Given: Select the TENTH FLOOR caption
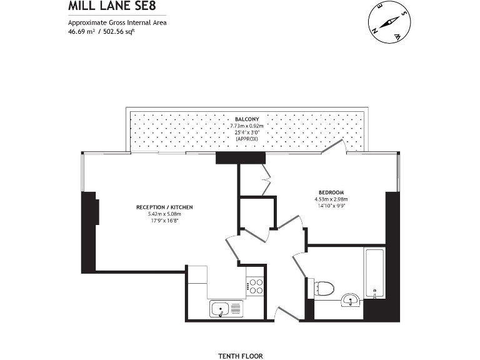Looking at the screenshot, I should (241, 356).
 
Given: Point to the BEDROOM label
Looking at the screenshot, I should (331, 192).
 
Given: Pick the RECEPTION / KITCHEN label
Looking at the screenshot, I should (164, 207).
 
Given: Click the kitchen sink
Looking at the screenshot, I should (226, 308).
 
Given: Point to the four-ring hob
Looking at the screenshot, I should (255, 286).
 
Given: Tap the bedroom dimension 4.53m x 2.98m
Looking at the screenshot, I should (331, 199).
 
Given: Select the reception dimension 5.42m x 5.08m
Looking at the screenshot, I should (164, 214).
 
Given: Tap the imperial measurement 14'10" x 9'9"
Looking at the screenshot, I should (331, 206).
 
